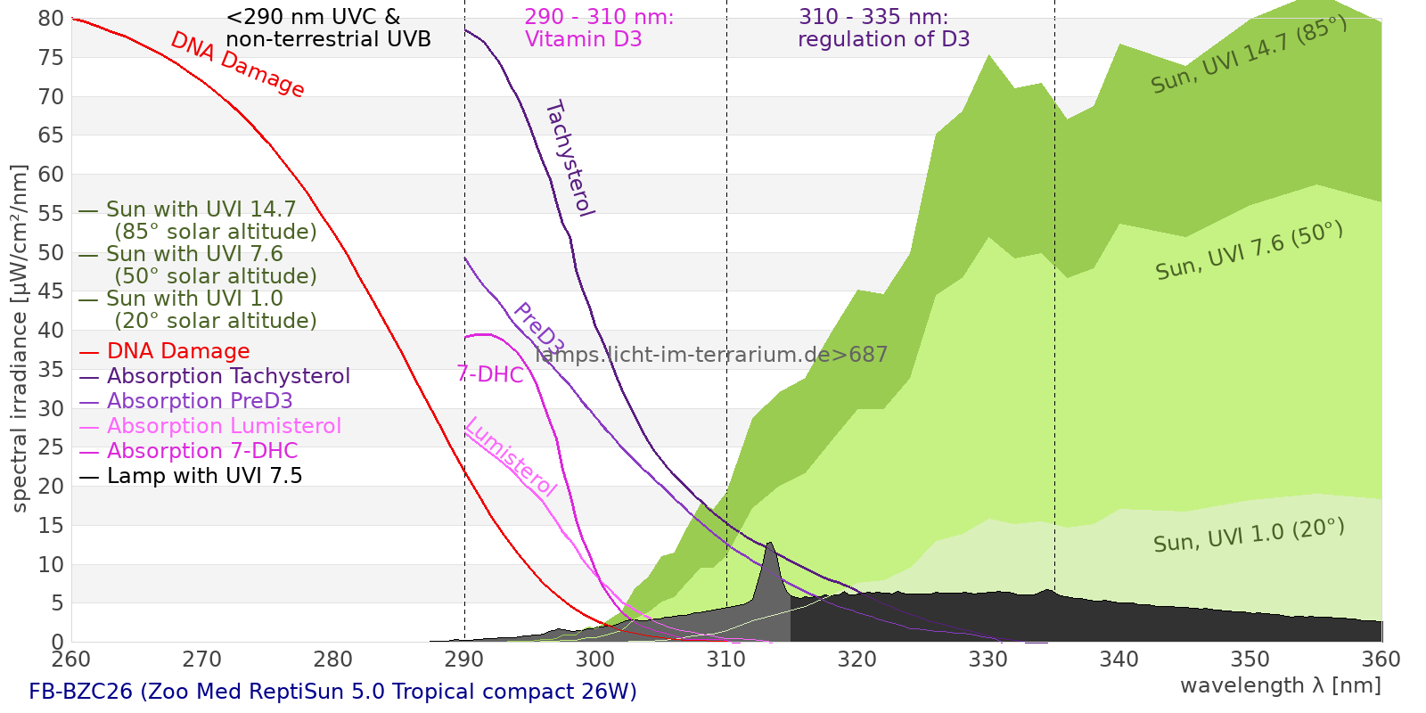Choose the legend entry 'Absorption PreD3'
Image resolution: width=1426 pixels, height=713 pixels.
[x=200, y=402]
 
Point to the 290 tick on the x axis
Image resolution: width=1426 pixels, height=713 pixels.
[x=464, y=660]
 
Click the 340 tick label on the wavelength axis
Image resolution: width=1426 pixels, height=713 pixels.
[x=1119, y=660]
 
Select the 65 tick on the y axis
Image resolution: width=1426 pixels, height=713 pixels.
[x=52, y=135]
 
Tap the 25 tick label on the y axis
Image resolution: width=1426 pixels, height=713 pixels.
[x=52, y=447]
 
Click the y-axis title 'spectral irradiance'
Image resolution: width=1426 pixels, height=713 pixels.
[x=20, y=339]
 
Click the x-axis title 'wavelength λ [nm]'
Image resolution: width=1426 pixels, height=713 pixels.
[x=1280, y=685]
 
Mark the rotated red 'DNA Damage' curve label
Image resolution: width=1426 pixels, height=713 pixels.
[x=237, y=64]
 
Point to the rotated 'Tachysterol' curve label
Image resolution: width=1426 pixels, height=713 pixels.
[x=569, y=159]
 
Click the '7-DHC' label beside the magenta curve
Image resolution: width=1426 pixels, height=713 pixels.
[x=490, y=374]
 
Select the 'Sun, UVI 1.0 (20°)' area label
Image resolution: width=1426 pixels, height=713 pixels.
[x=1248, y=536]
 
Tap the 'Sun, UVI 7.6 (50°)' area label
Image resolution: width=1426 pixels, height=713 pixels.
[x=1248, y=251]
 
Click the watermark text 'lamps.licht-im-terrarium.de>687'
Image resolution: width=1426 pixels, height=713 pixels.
[x=711, y=355]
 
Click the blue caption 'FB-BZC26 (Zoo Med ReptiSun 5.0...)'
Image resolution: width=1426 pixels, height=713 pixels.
[x=332, y=693]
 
